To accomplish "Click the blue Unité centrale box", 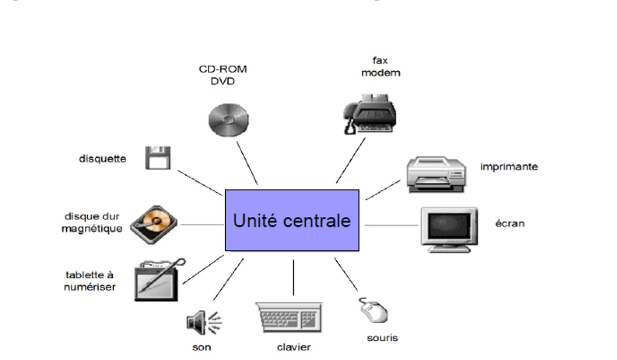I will [x=292, y=220].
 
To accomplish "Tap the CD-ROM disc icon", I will [x=228, y=119].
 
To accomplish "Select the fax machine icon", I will [x=370, y=115].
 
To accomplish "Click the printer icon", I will [x=436, y=174].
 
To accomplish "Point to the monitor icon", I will [x=447, y=229].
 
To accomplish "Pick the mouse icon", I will [x=373, y=310].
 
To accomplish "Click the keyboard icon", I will [x=289, y=317].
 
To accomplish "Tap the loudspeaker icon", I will [x=203, y=323].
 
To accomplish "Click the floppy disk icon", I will [x=158, y=157].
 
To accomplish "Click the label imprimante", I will [x=509, y=166].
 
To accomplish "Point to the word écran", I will [x=509, y=223].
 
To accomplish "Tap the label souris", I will [x=382, y=338].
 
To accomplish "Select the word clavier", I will [x=293, y=347].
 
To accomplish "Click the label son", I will [x=202, y=347].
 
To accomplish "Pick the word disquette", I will [x=102, y=158].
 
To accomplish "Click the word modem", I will [x=380, y=72].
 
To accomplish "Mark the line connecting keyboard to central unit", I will [x=293, y=277].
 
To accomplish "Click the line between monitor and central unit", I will [x=391, y=225].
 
